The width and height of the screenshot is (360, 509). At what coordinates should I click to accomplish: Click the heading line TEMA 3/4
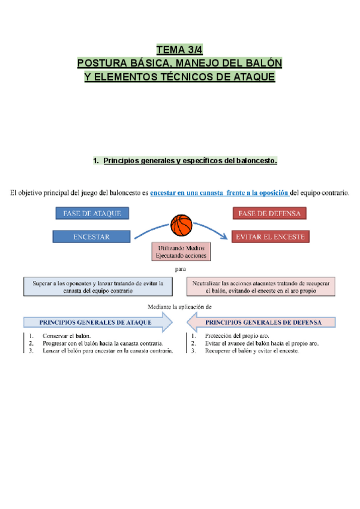pyautogui.click(x=179, y=49)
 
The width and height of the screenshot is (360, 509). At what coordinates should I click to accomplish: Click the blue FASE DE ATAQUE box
pyautogui.click(x=92, y=213)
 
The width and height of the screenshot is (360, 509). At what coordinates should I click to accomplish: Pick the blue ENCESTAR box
pyautogui.click(x=91, y=236)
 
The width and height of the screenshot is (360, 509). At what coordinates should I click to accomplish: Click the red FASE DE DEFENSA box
pyautogui.click(x=269, y=213)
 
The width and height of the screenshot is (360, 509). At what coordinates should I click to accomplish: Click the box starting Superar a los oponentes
pyautogui.click(x=92, y=286)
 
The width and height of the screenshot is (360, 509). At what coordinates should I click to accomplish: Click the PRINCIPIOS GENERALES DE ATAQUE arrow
pyautogui.click(x=95, y=322)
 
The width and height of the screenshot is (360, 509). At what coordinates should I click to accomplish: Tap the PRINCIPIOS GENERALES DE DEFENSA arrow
pyautogui.click(x=264, y=322)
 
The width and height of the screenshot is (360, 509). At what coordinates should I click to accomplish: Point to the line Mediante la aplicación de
pyautogui.click(x=180, y=306)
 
